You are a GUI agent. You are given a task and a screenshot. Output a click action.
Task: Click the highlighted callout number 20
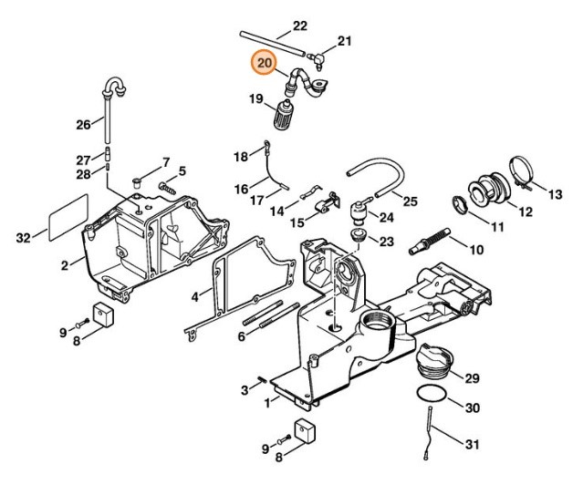265,63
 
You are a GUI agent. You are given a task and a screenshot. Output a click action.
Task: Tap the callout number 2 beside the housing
65,265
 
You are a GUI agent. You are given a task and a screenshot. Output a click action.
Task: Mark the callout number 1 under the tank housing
267,401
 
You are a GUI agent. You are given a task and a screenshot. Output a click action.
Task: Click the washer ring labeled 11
462,204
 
